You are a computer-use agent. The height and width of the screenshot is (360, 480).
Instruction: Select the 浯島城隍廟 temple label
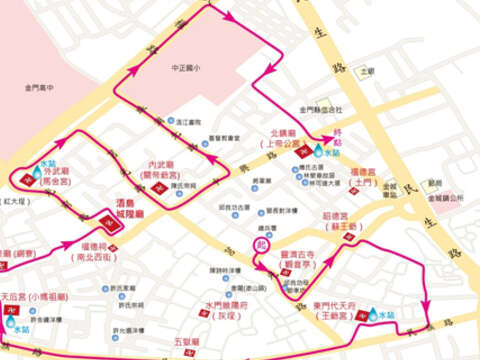[x=131, y=213]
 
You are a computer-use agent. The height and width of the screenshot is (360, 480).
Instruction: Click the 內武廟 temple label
[x=161, y=165]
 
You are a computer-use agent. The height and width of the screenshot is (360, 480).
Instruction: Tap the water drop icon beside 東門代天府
[x=372, y=313]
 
